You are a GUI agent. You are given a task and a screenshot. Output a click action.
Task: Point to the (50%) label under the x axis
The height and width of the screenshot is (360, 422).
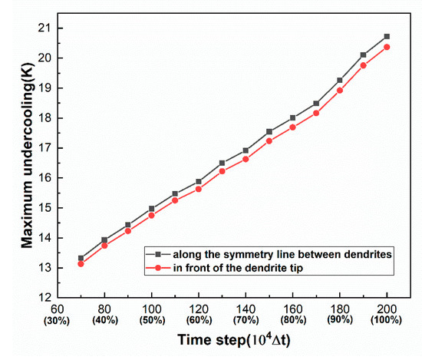coord(152,319)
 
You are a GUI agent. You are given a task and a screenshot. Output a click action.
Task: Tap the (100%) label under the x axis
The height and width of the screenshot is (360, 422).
coord(387,319)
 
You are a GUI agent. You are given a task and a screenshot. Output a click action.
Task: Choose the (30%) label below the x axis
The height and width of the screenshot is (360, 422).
coord(58,319)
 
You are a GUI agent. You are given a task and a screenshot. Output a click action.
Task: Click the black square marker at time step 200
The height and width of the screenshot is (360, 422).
coord(387,36)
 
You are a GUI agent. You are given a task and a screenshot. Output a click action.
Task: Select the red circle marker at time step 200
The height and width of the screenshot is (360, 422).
coord(387,47)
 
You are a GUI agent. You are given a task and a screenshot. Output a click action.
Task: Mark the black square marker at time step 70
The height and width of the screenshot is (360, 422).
coord(81,258)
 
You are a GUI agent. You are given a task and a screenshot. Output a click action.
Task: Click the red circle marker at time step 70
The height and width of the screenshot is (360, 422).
coord(81,264)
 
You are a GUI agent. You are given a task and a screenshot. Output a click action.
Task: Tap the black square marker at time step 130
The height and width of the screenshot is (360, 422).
coord(223,163)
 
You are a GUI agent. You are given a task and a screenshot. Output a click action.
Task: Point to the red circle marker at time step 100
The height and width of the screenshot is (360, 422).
coord(152,215)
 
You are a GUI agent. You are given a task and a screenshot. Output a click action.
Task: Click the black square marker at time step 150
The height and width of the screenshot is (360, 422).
coord(269,131)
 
